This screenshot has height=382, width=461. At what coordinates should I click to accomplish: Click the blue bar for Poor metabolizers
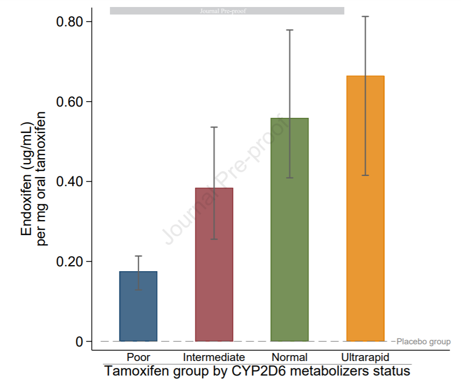(x=138, y=306)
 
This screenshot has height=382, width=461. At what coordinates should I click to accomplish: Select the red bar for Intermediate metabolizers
(x=214, y=264)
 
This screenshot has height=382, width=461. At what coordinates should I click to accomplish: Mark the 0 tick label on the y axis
(x=80, y=342)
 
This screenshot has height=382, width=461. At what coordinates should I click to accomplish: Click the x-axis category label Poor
(x=138, y=357)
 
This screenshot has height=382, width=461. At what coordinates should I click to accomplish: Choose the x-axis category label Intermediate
(x=214, y=357)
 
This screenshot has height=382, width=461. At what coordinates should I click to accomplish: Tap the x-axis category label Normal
(x=289, y=357)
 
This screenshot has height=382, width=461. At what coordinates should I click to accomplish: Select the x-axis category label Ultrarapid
(x=365, y=357)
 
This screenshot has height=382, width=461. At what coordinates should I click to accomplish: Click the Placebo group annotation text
(x=423, y=342)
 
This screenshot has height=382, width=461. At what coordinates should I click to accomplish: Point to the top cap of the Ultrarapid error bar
(x=365, y=17)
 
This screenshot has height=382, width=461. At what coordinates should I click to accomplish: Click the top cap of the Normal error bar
(x=289, y=30)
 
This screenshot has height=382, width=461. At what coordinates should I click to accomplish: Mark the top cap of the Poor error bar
(x=138, y=256)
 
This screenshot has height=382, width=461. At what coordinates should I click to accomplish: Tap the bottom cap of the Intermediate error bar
(x=214, y=239)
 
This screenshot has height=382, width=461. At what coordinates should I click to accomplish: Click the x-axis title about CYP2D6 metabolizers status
(x=257, y=371)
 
